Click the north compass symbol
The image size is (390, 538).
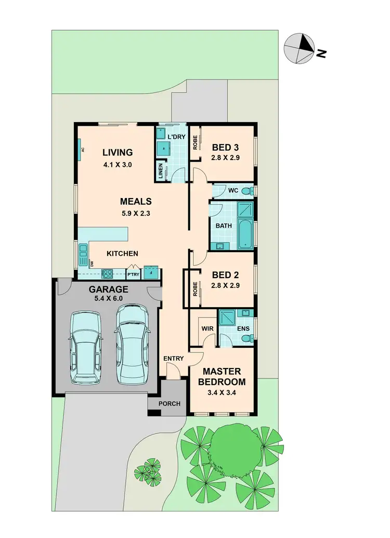pos(299,48)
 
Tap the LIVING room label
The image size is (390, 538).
pos(118,152)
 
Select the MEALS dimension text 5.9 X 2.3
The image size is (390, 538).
pos(135,213)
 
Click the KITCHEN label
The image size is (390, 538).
pos(122,253)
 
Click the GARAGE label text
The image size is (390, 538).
pos(108,290)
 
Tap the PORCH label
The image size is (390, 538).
pos(170,404)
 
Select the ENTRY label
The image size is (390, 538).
pos(173,359)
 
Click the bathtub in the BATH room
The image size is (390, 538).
pos(244,234)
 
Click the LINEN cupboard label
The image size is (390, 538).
pos(161,170)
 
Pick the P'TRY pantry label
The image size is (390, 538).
pos(133,274)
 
